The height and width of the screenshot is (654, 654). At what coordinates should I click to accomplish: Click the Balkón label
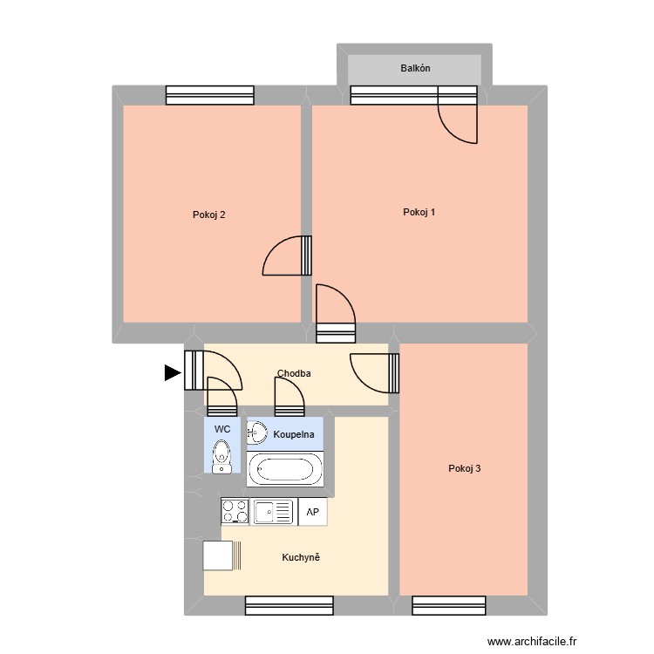click(x=415, y=68)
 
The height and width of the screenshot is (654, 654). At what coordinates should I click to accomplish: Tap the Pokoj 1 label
click(x=419, y=213)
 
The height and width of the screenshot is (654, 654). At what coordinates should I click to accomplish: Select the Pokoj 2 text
click(x=209, y=215)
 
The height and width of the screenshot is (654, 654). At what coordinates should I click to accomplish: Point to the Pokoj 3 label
click(x=464, y=468)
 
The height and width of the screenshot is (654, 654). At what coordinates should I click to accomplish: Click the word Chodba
click(x=294, y=374)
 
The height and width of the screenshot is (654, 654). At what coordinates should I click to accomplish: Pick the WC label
click(x=222, y=429)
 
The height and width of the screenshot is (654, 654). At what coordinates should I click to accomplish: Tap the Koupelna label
click(x=293, y=433)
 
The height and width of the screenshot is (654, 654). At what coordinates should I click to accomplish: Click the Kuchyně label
click(x=301, y=557)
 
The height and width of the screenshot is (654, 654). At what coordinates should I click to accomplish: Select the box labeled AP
click(x=312, y=512)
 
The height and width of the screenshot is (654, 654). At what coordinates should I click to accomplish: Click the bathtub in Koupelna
click(x=284, y=469)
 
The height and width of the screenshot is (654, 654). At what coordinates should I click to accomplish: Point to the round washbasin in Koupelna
click(x=257, y=432)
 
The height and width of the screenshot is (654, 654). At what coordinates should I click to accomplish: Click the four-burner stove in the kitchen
click(x=235, y=511)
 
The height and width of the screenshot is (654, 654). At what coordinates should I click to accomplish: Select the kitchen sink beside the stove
click(x=273, y=511)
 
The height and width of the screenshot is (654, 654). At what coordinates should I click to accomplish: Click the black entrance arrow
click(x=173, y=373)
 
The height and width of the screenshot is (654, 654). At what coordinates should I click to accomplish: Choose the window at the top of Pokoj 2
click(x=209, y=95)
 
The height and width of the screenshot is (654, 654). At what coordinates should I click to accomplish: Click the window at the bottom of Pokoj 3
click(x=448, y=605)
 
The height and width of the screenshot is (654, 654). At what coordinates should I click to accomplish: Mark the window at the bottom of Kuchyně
click(x=289, y=605)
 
